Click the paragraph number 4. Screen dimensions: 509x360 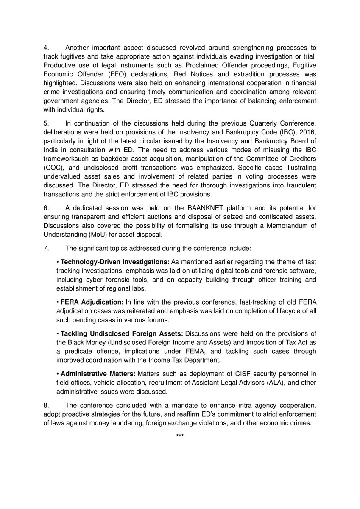tap(46, 48)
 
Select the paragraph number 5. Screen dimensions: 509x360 tap(46, 123)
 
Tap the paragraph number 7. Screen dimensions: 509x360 tap(46, 247)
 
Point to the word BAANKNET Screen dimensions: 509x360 tap(198, 207)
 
